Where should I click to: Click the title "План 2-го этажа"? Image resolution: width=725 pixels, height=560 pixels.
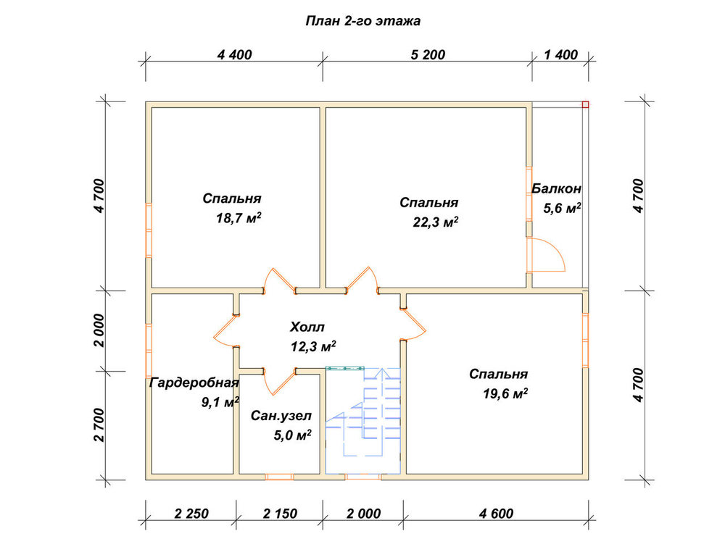363,21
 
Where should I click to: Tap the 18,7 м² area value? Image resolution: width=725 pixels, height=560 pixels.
239,218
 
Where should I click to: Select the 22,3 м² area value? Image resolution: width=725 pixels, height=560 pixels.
436,222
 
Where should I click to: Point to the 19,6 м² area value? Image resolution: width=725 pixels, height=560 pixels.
505,393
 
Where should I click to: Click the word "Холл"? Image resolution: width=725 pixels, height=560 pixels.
307,327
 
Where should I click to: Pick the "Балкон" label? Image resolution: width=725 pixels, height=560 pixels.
556,188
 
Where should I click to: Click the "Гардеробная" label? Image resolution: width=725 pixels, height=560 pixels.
194,383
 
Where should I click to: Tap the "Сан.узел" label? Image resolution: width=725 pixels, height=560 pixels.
281,416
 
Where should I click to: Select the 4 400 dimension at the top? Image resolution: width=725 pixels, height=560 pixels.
234,55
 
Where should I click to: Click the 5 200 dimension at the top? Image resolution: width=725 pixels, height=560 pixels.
428,55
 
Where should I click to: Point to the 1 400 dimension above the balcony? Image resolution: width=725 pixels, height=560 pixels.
561,55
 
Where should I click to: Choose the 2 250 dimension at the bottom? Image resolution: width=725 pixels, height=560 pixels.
191,514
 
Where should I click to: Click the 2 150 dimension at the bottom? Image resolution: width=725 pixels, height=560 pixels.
280,514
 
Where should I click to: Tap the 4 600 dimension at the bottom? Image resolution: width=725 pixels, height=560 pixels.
496,514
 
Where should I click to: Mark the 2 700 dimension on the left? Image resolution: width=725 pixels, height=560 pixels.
100,425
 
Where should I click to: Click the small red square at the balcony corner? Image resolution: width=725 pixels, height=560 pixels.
585,104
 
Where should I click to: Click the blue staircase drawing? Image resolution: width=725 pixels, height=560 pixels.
363,420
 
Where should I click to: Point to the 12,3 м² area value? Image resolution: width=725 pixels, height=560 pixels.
313,346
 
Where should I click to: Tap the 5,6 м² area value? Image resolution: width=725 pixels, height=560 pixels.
563,208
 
